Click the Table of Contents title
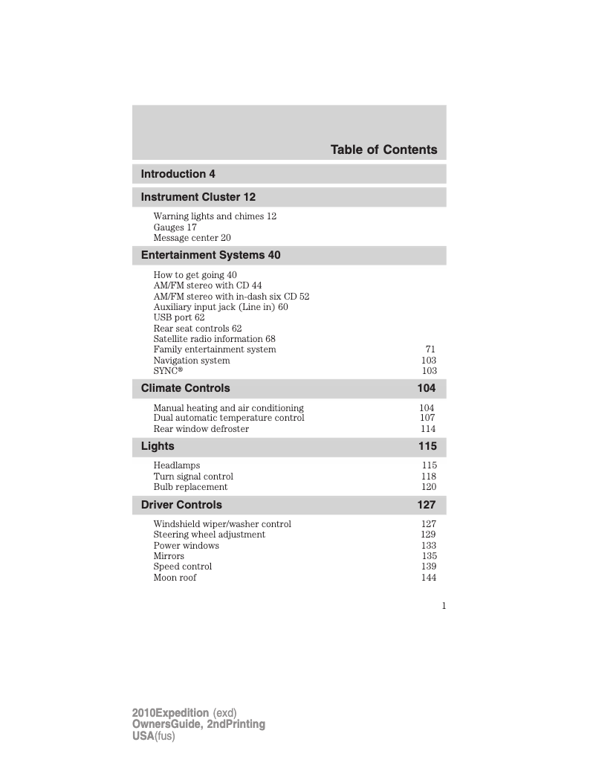coord(383,150)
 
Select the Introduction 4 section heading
coord(178,174)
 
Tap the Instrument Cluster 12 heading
coord(198,197)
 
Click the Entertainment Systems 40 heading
coord(210,255)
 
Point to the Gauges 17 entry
coord(175,228)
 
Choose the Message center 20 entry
coord(192,238)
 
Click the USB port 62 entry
coord(178,317)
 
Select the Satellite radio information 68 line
coord(214,339)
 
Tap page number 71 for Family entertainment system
coord(430,349)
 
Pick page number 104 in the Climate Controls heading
coord(427,388)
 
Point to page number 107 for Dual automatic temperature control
coord(427,418)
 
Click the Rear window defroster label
coord(201,429)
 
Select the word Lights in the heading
coord(158,446)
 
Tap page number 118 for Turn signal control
coord(429,477)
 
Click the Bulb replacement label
coord(190,487)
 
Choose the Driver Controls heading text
coord(181,505)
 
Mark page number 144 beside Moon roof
coord(429,578)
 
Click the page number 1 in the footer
coord(444,606)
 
